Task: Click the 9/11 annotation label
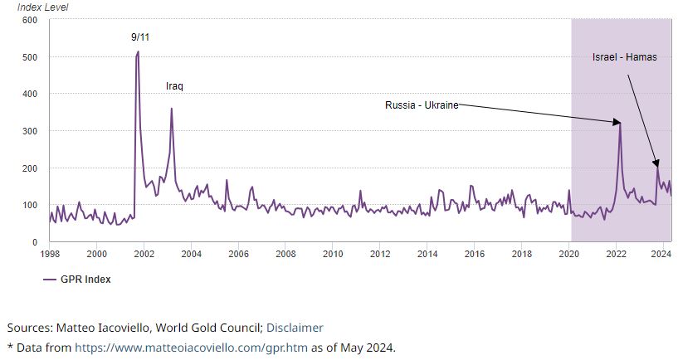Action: coord(140,37)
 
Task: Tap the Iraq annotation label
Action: coord(174,86)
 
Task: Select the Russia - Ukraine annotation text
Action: coord(422,105)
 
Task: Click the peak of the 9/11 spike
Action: coord(138,51)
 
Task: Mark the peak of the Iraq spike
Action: coord(172,109)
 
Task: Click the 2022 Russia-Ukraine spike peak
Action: coord(619,123)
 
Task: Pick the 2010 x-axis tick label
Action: coord(333,253)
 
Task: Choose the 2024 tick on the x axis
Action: coord(661,253)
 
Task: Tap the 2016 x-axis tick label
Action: coord(474,253)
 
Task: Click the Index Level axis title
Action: coord(43,7)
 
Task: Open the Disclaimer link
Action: coord(295,328)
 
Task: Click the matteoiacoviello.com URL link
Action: coord(192,347)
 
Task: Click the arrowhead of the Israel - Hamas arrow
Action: coord(656,165)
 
